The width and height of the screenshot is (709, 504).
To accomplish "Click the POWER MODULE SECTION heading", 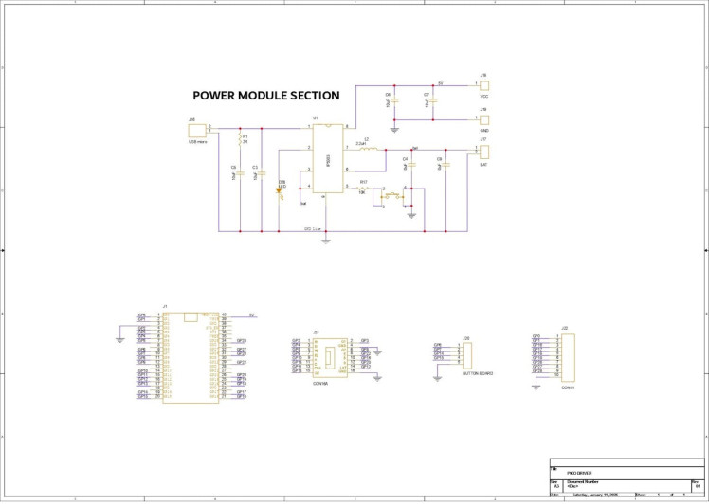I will (265, 96).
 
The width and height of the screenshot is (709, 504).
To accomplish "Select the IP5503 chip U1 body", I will (327, 158).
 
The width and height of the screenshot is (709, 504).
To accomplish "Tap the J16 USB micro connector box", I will (198, 129).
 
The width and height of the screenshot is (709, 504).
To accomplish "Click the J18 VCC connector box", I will (483, 83).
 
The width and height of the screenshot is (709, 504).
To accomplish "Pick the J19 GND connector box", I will (483, 118).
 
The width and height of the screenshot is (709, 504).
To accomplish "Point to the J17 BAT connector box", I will (484, 151).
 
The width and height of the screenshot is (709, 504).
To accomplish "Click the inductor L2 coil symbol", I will (371, 149).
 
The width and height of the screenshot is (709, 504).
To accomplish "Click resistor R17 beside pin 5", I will (364, 189).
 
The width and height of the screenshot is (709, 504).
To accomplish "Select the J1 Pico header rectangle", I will (191, 358).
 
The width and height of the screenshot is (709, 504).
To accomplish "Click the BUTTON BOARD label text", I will (476, 374).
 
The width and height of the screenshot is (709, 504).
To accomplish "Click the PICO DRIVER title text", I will (580, 471).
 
